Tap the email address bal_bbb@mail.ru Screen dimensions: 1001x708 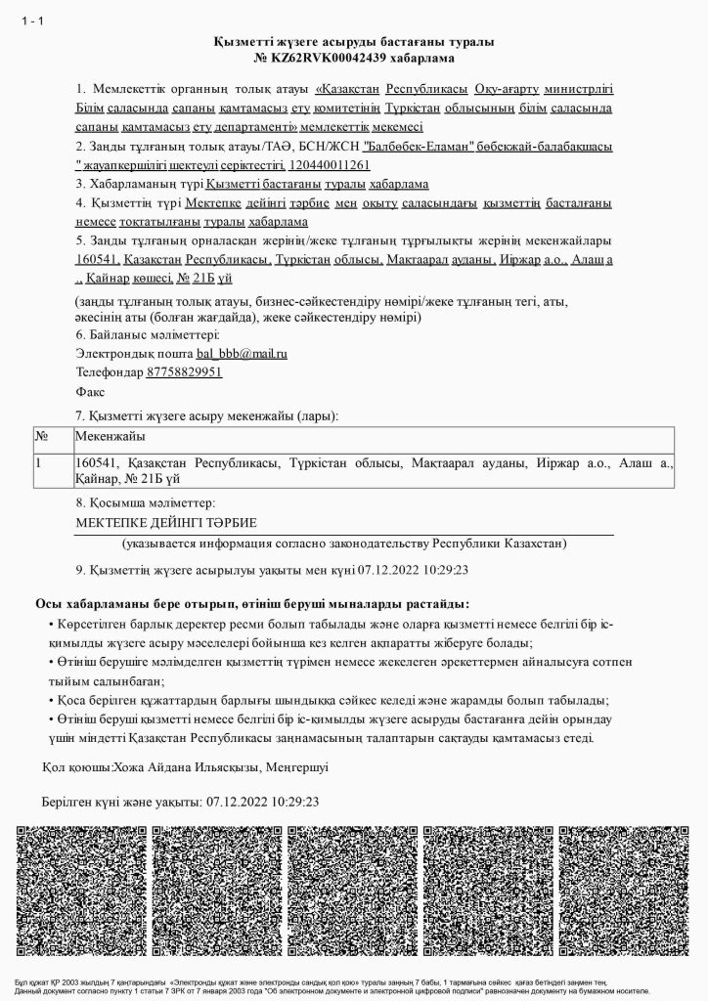tap(242, 353)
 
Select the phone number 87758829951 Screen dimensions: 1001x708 tap(184, 371)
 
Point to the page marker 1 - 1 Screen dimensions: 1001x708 tap(32, 22)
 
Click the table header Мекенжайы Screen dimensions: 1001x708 tap(111, 436)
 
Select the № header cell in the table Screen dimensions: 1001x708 tap(42, 436)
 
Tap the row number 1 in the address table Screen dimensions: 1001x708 tap(39, 461)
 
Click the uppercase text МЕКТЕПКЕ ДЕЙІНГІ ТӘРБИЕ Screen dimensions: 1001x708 tap(165, 523)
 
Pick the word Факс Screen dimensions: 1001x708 tap(90, 391)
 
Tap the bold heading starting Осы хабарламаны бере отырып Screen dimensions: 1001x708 tap(252, 604)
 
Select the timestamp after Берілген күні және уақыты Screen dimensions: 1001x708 tap(263, 802)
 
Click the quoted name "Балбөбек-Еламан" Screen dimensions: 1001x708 tap(419, 147)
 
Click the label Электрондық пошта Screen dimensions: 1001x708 tap(134, 353)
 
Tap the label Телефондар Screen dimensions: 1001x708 tap(110, 371)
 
